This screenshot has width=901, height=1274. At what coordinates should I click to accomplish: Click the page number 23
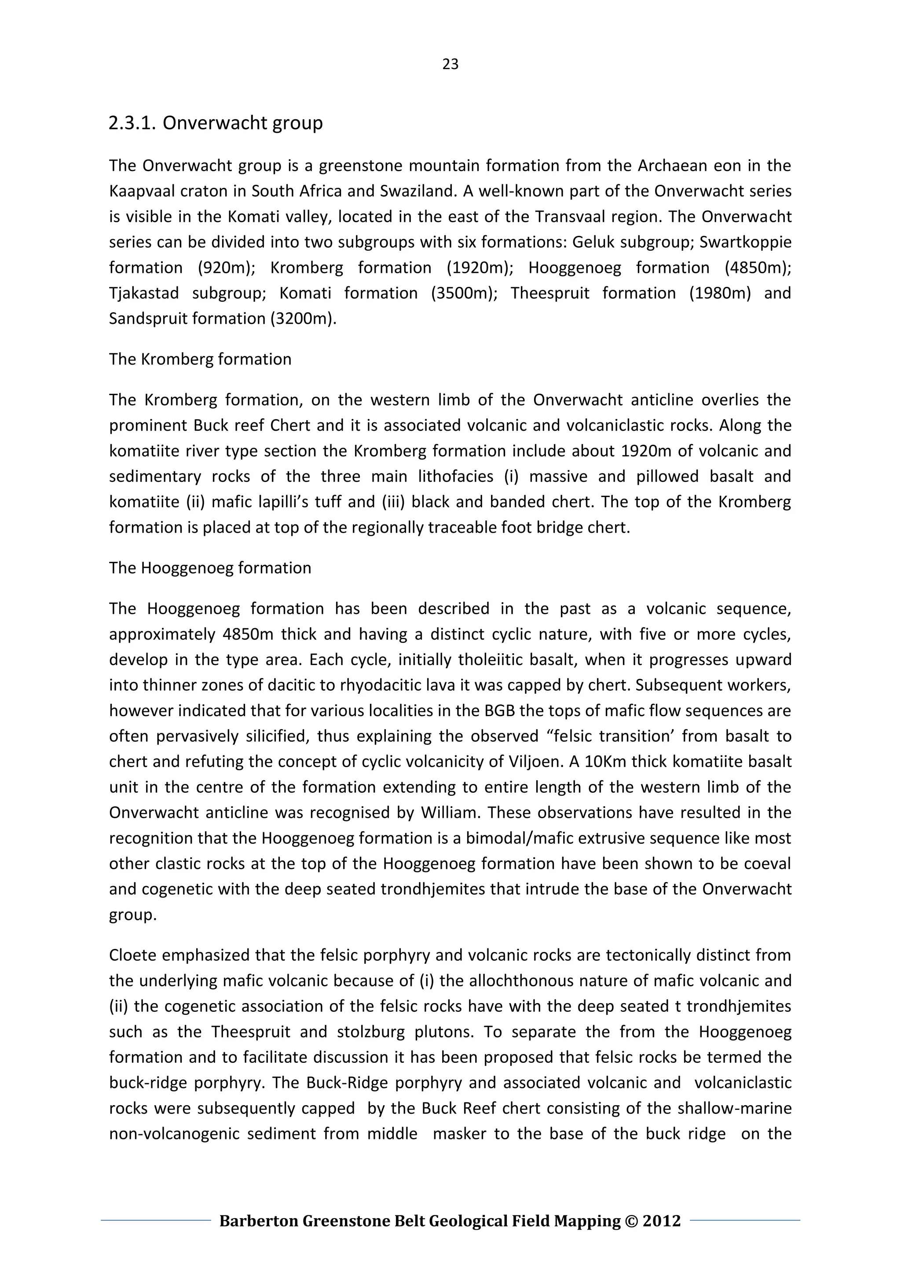tap(450, 64)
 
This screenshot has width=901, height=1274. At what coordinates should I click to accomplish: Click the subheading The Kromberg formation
tap(200, 359)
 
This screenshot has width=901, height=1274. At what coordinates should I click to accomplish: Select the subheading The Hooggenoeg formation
tap(210, 567)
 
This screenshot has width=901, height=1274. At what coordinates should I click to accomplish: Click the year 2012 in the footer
tap(661, 1221)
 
